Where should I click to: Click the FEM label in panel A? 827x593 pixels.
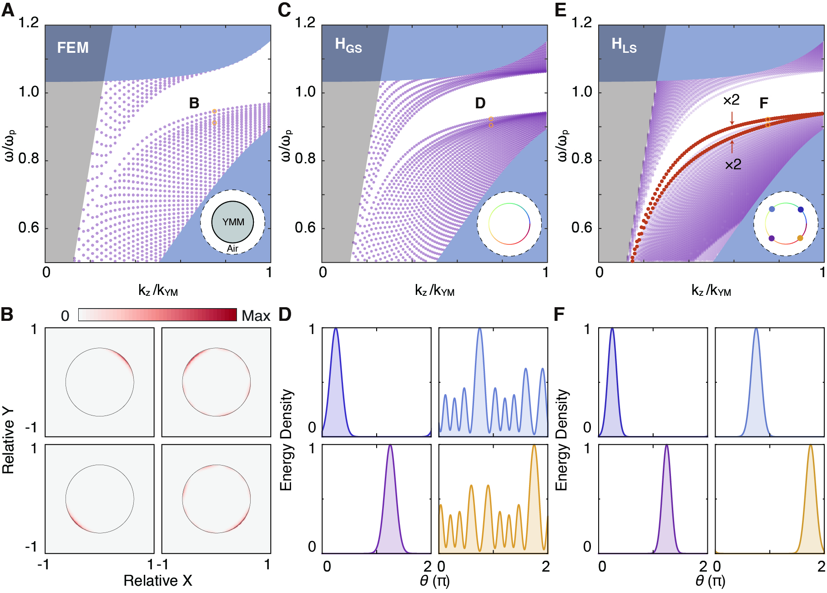click(73, 48)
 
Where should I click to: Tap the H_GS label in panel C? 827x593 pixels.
click(348, 45)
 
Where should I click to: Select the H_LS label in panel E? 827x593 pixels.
click(624, 45)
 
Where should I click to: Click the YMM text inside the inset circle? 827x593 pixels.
click(233, 222)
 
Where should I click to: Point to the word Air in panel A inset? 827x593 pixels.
click(232, 248)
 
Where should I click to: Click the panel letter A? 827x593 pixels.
click(8, 10)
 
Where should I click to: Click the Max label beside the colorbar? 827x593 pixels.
click(256, 316)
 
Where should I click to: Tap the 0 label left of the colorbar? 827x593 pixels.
click(65, 316)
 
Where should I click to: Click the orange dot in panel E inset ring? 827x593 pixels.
click(800, 238)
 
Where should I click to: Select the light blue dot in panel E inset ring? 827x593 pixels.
click(772, 209)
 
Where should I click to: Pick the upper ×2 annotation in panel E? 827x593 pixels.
click(731, 100)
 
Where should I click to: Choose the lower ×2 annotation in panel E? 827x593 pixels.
click(733, 164)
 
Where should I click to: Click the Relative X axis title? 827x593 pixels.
click(158, 581)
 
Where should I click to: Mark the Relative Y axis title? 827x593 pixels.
click(8, 441)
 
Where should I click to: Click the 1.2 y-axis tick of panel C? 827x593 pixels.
click(305, 22)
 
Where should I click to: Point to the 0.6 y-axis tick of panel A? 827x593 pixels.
click(29, 228)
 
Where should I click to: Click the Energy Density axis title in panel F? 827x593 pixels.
click(562, 440)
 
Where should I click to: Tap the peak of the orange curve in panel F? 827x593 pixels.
click(810, 446)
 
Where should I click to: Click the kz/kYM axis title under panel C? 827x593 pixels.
click(434, 290)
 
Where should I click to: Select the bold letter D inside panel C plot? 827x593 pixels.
click(480, 103)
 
